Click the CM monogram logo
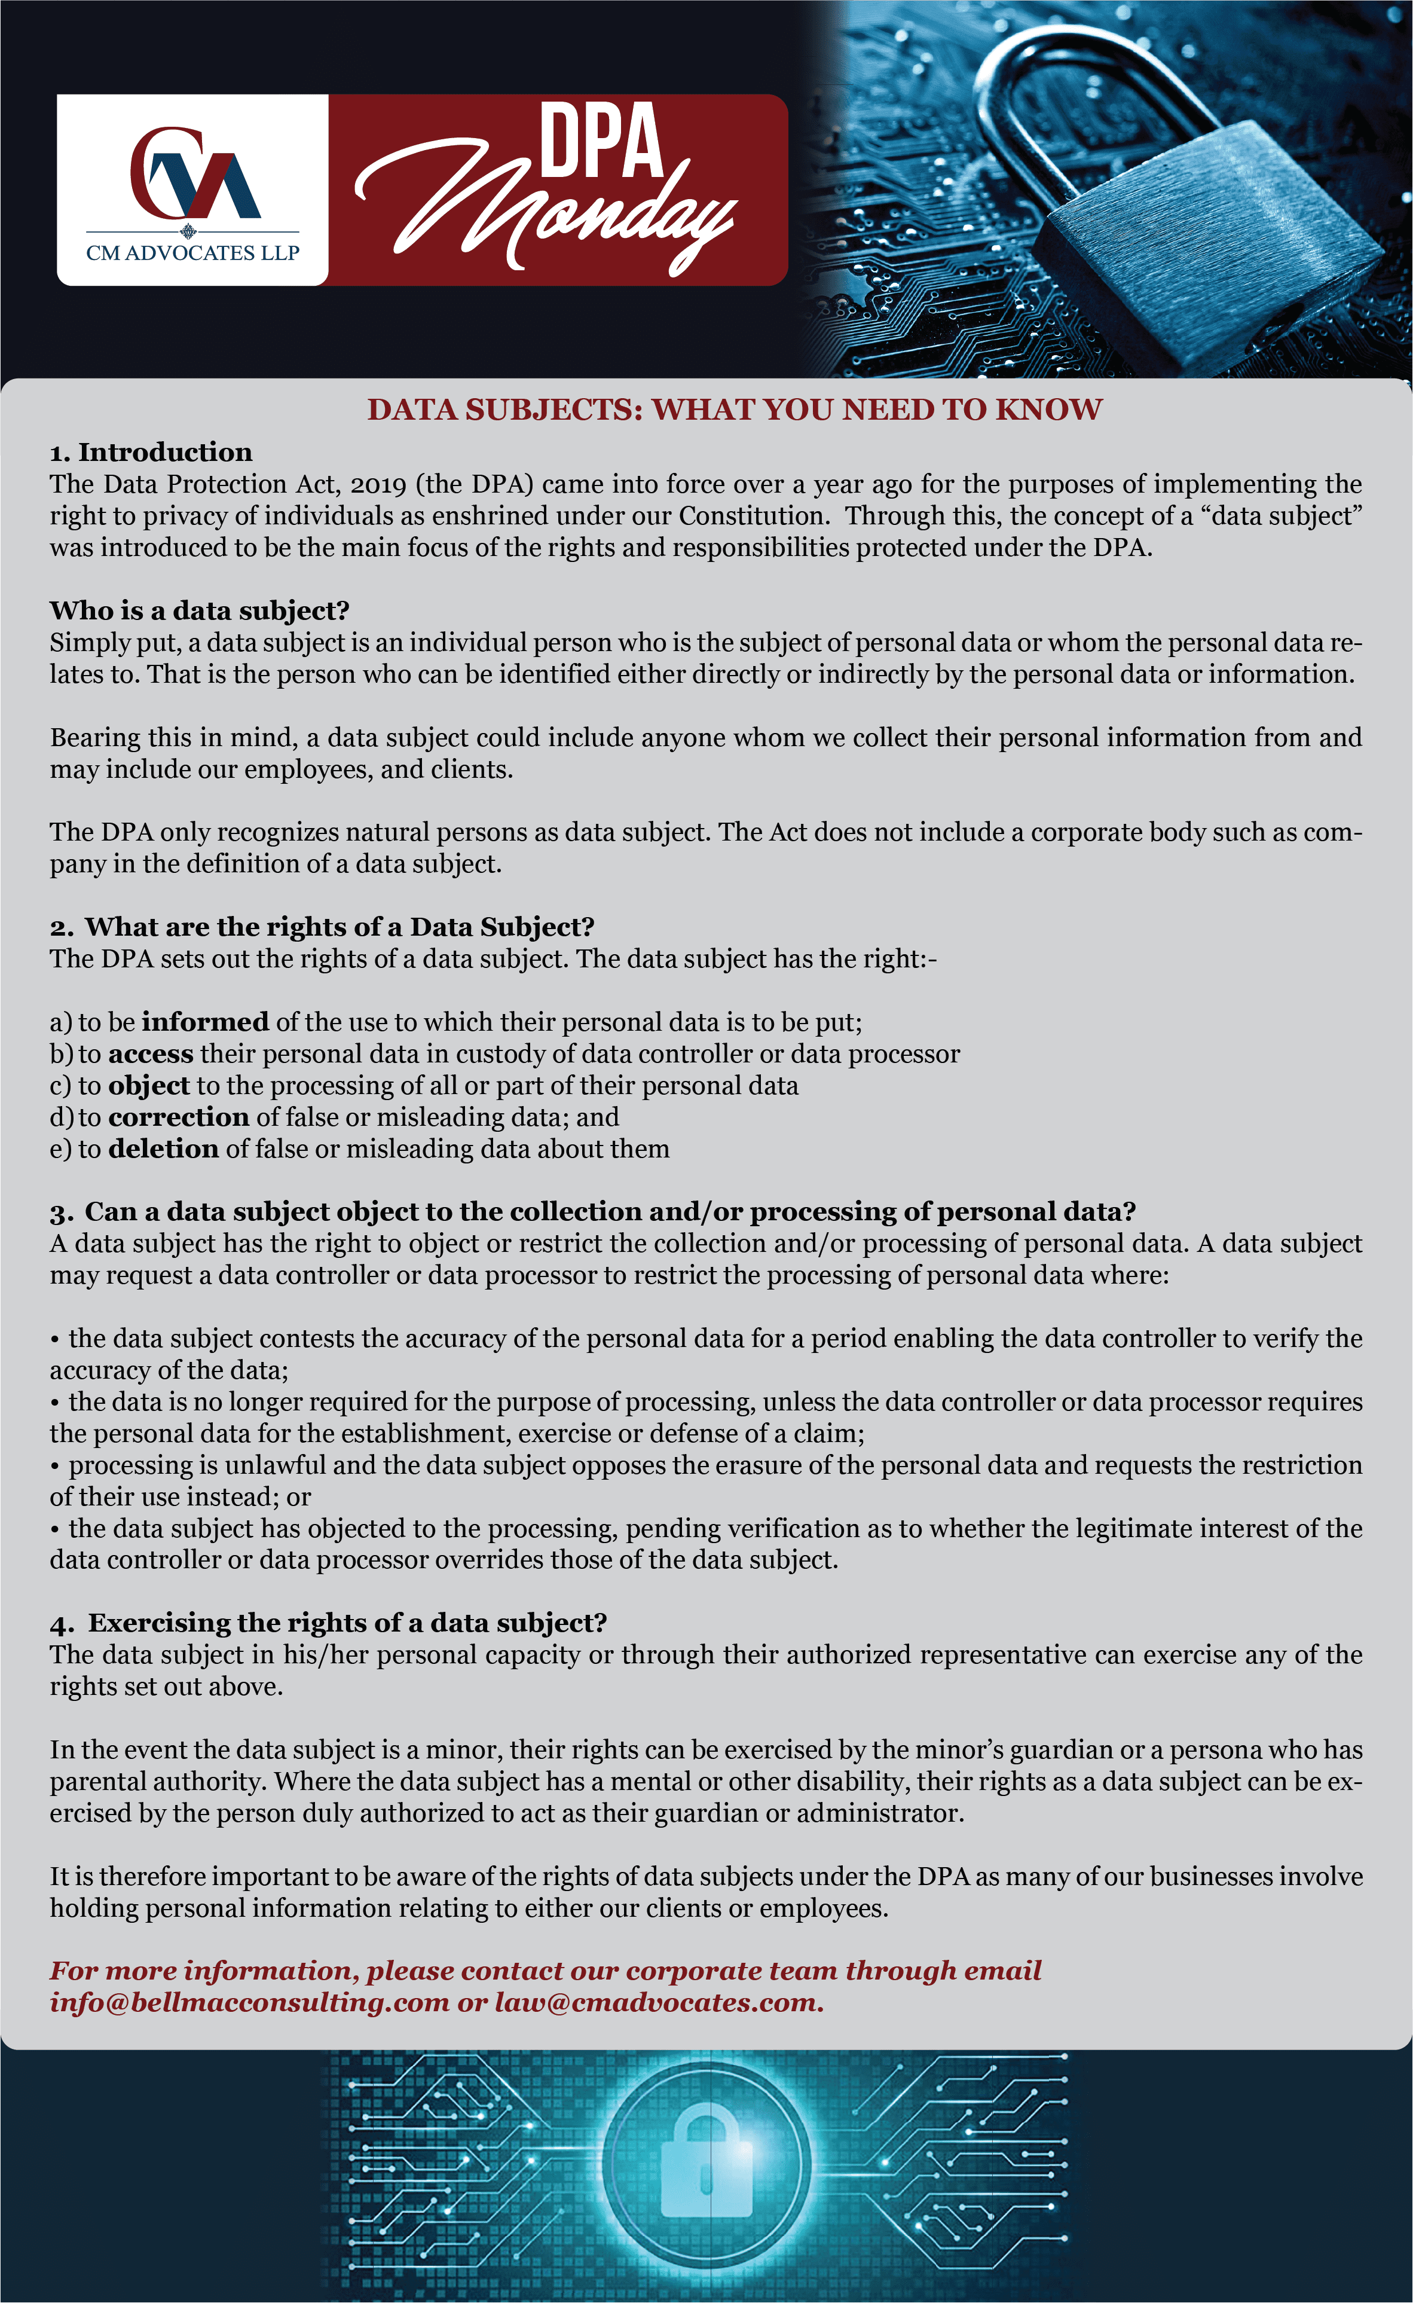coord(194,174)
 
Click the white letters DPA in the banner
coord(601,142)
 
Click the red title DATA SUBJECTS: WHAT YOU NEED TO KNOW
coord(735,410)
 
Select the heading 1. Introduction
coord(151,453)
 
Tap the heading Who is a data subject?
coord(199,610)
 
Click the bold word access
coord(151,1053)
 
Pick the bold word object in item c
coord(149,1085)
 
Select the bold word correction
coord(179,1117)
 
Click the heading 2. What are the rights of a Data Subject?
coord(322,927)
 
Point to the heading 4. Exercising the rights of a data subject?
coord(328,1623)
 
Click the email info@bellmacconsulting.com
coord(249,2003)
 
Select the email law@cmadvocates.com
coord(659,2003)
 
